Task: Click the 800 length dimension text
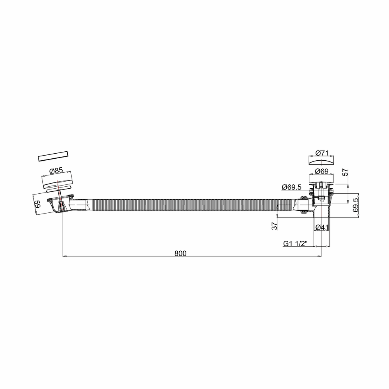(180, 253)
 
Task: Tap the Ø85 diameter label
(56, 171)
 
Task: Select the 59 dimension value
(37, 204)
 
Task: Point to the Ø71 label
(322, 153)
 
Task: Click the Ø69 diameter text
(322, 171)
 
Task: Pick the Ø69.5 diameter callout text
(291, 187)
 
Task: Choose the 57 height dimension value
(345, 172)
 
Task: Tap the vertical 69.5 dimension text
(356, 205)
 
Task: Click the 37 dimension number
(274, 226)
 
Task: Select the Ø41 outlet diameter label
(322, 227)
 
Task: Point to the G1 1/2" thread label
(296, 244)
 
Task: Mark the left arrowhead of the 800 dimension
(64, 256)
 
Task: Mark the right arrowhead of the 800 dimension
(319, 256)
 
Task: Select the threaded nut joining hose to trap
(303, 204)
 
